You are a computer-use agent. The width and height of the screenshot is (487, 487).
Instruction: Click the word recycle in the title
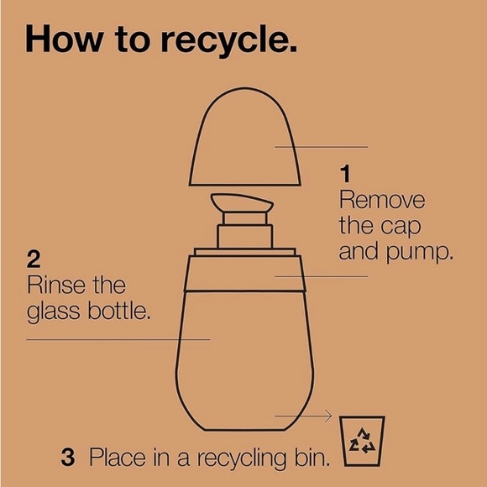[229, 41]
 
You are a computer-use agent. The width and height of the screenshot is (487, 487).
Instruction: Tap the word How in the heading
[65, 38]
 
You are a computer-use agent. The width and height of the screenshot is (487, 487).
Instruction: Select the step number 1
[345, 174]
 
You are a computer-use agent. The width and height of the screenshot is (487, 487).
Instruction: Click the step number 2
[34, 259]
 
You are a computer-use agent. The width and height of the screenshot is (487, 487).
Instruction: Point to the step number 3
[68, 457]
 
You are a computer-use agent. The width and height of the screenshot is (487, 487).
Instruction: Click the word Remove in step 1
[382, 200]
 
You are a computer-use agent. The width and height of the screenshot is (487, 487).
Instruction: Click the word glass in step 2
[53, 312]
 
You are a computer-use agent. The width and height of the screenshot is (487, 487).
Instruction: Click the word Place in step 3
[118, 457]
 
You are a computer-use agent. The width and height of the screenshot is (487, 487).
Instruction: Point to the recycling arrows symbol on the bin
[362, 441]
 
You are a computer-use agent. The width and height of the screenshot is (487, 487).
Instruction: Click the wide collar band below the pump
[244, 274]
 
